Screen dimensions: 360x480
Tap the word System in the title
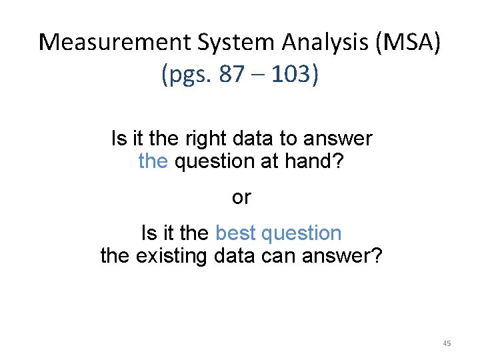(x=235, y=43)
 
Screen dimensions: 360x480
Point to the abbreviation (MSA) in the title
(x=409, y=43)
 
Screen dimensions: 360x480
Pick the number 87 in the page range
(x=231, y=74)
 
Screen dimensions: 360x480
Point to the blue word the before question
(x=153, y=161)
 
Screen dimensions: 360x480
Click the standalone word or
(x=241, y=197)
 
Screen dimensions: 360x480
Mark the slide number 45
(x=447, y=343)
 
